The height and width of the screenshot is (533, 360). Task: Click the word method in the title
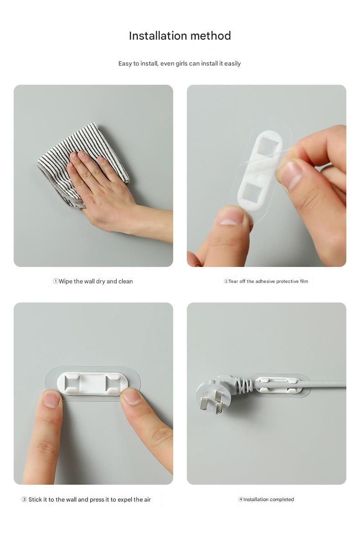(211, 36)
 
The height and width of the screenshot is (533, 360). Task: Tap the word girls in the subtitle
(181, 64)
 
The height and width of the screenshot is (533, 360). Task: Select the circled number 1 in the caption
(56, 281)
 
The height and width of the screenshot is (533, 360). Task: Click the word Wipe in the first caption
(65, 282)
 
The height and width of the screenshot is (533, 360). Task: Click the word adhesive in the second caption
(265, 282)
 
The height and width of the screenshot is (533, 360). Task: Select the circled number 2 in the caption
(226, 282)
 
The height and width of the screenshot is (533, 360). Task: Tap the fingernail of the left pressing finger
(51, 399)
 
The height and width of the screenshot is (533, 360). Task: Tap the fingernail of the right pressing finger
(130, 396)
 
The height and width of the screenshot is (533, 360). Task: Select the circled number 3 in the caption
(24, 499)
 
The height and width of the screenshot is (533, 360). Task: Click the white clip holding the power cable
(278, 384)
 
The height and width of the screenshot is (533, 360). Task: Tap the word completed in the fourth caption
(281, 499)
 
